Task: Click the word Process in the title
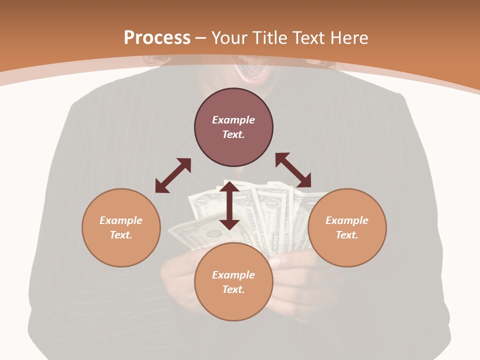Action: pos(157,38)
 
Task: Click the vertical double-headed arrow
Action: pos(229,205)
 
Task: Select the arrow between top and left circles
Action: pos(173,175)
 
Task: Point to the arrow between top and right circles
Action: pos(293,170)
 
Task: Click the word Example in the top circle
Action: pos(233,120)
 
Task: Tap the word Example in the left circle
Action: pos(121,220)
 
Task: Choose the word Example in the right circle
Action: pos(347,220)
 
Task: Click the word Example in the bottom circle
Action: pos(233,275)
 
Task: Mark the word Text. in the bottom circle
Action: pos(233,289)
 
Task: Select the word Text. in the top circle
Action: pos(233,134)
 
